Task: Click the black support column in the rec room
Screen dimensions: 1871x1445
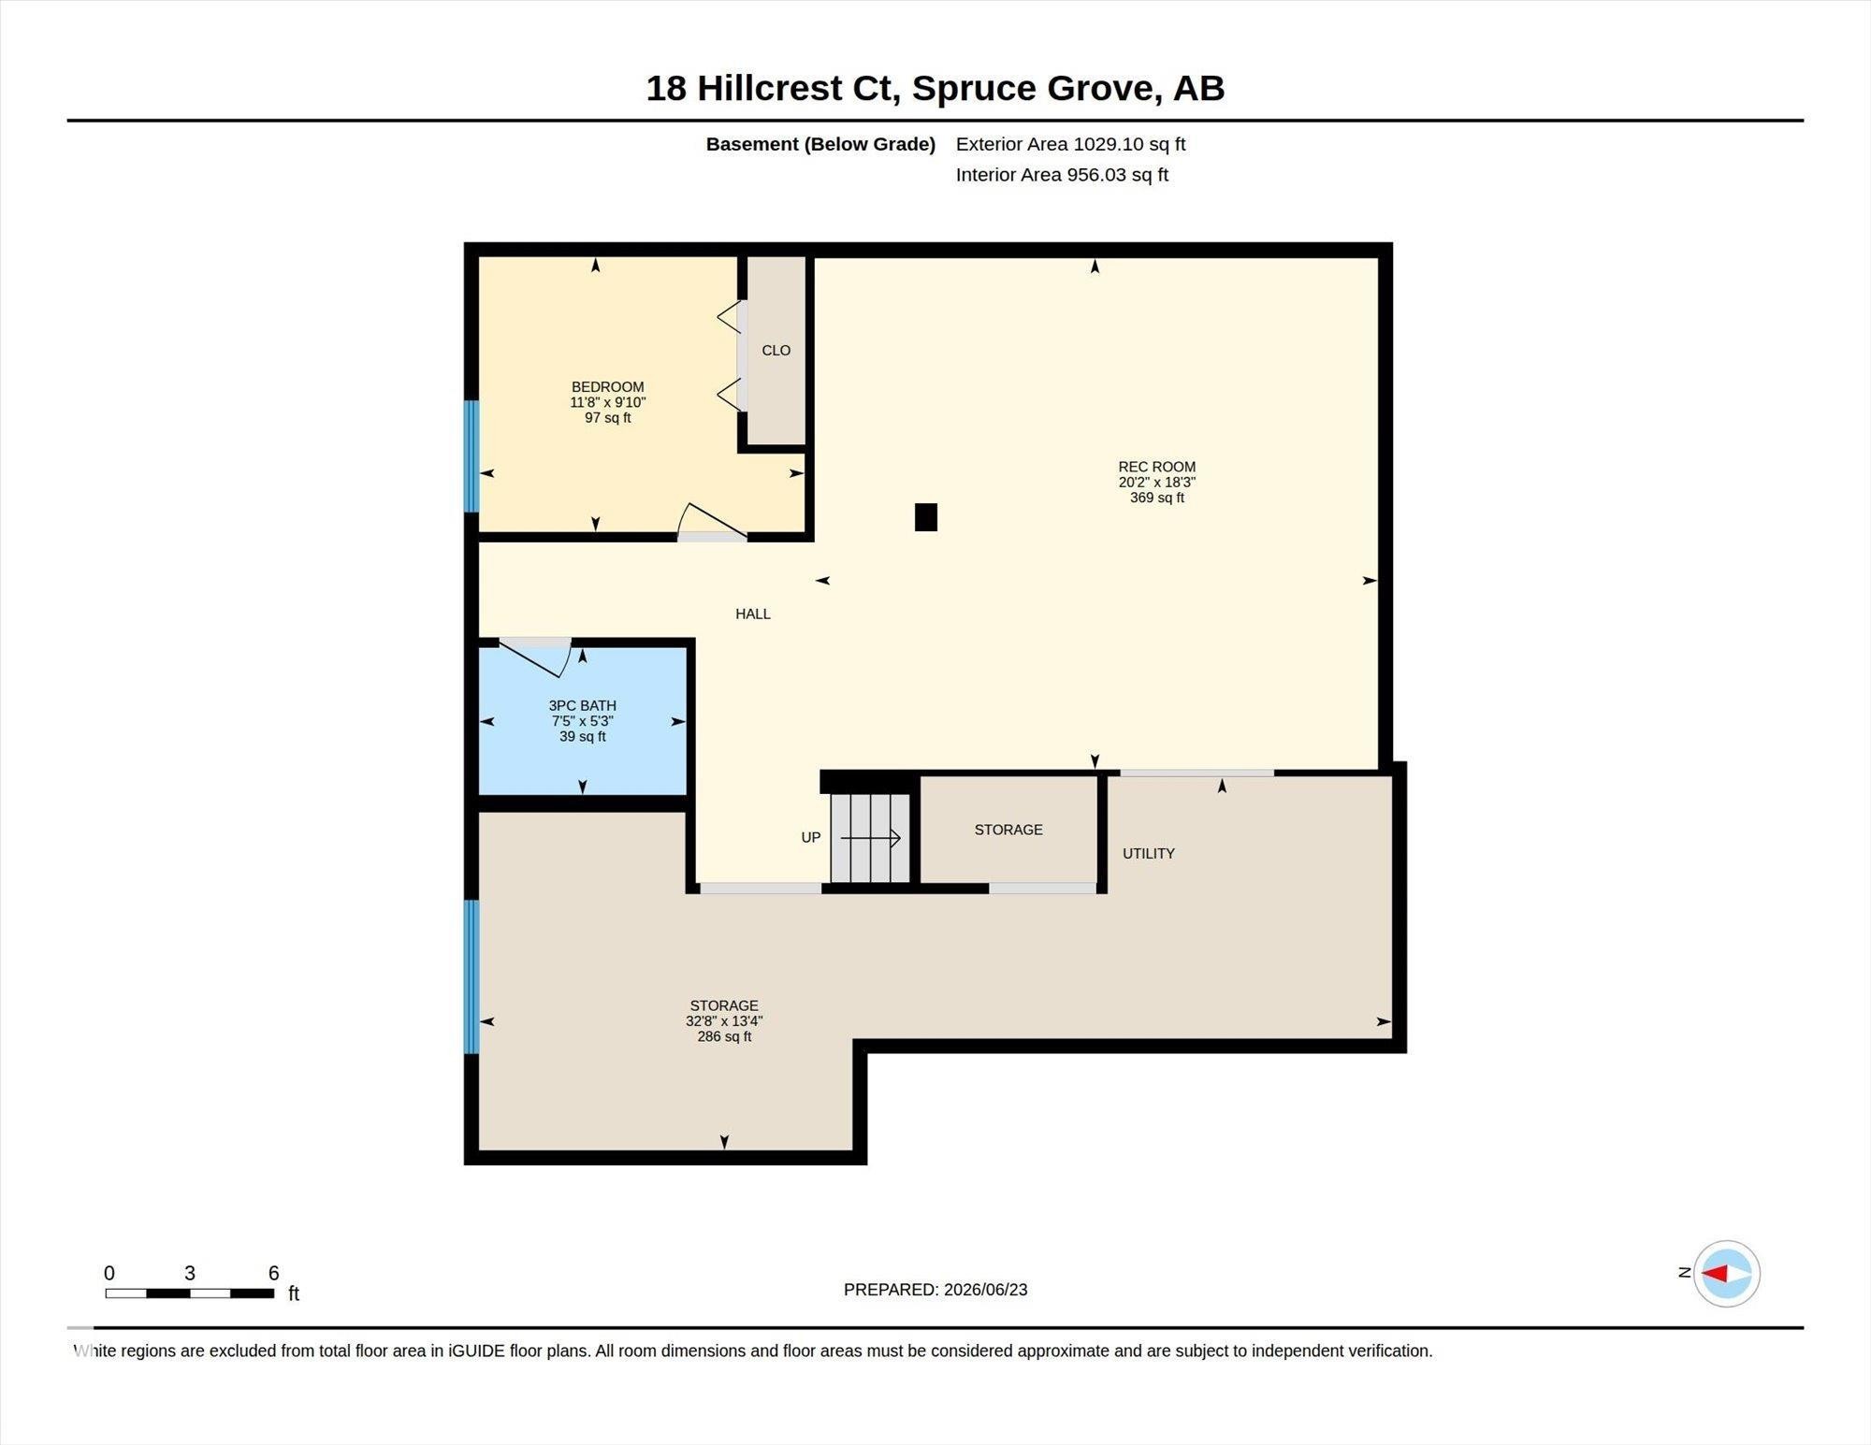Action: coord(926,517)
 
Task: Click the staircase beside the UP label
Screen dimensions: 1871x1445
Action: coord(870,838)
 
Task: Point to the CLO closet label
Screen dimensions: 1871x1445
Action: coord(776,351)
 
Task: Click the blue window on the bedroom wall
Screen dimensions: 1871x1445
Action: coord(472,456)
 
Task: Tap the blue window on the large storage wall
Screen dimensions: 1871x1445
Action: coord(472,976)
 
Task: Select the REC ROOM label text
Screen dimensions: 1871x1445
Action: coord(1157,467)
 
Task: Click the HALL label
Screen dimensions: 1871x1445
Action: coord(753,614)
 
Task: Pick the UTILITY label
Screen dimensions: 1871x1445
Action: coord(1149,853)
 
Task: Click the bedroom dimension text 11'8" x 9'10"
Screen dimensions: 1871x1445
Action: coord(608,402)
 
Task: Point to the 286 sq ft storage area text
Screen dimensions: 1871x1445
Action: coord(724,1036)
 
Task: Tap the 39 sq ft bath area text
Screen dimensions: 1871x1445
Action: coord(583,736)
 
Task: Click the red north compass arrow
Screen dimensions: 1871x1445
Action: coord(1715,1273)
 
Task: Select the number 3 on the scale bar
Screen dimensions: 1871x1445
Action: coord(190,1273)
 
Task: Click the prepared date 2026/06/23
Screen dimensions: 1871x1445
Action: coord(986,1290)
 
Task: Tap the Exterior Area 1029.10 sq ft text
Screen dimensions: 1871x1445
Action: coord(1070,144)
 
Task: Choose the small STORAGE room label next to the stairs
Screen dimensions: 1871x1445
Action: coord(1008,830)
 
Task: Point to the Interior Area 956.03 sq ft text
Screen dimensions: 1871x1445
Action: coord(1062,175)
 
